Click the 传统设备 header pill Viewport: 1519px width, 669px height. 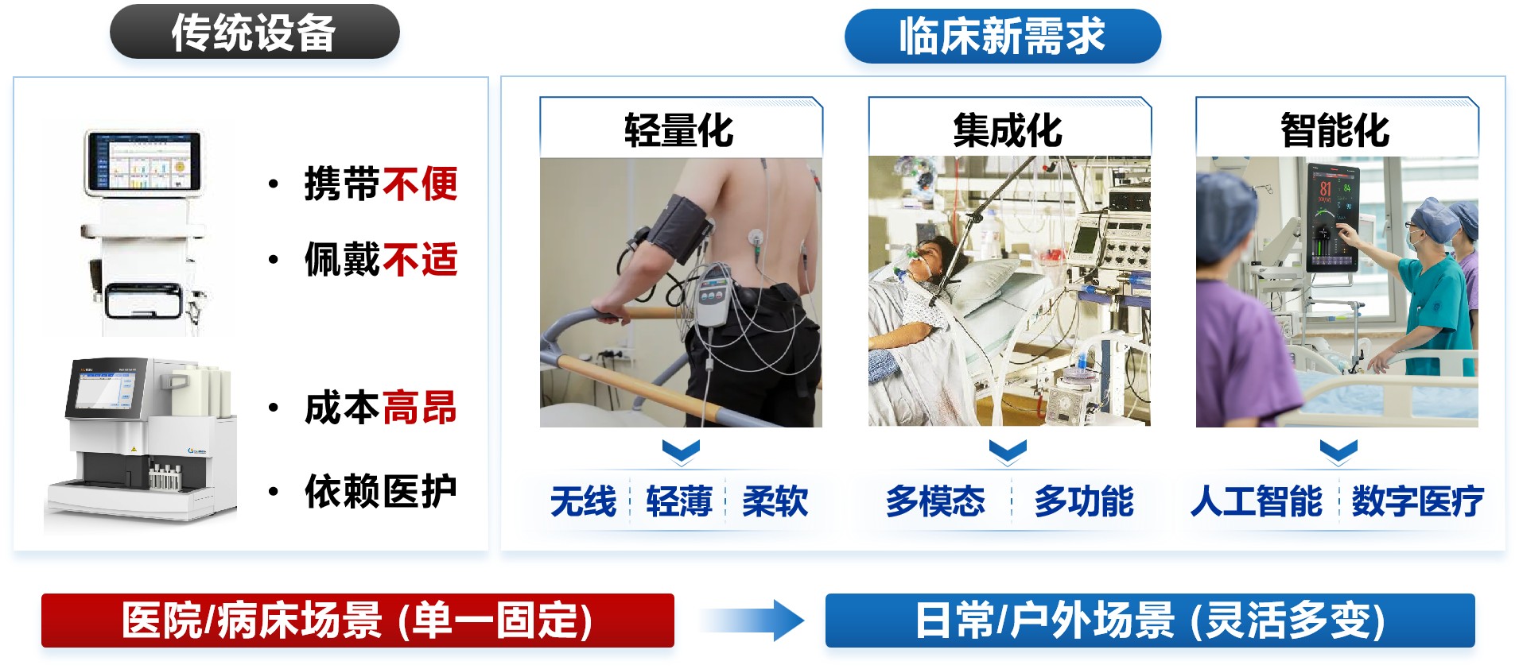[254, 33]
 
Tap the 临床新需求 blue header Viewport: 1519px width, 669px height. [1002, 36]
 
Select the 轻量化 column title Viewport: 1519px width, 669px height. [678, 130]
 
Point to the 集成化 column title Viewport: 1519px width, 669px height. [1008, 130]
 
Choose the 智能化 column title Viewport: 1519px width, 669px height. [1335, 130]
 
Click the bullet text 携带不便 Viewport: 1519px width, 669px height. [381, 184]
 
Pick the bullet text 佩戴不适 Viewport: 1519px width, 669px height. [381, 260]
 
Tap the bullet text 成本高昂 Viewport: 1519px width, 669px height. [381, 408]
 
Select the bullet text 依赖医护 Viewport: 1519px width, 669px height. [381, 491]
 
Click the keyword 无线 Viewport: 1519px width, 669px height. [583, 501]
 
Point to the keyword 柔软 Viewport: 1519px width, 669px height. [775, 501]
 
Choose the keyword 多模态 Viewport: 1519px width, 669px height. [935, 501]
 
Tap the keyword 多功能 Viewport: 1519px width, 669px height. [1084, 501]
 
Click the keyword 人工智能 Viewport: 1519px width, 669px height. [1257, 501]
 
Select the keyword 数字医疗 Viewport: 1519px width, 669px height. [1418, 501]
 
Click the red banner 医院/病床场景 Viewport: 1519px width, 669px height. [358, 621]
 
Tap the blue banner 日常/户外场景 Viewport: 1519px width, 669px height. [1150, 621]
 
